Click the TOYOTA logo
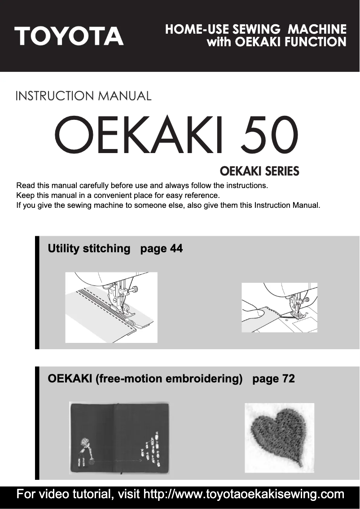click(x=69, y=36)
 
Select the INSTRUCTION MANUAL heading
click(x=83, y=96)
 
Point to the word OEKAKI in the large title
click(x=137, y=134)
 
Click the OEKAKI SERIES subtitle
click(x=259, y=171)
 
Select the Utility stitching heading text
click(x=89, y=248)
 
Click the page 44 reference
click(x=162, y=248)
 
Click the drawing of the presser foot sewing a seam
click(x=111, y=307)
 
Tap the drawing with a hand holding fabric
click(x=279, y=307)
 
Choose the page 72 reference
click(x=274, y=378)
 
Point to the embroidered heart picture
click(x=279, y=437)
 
